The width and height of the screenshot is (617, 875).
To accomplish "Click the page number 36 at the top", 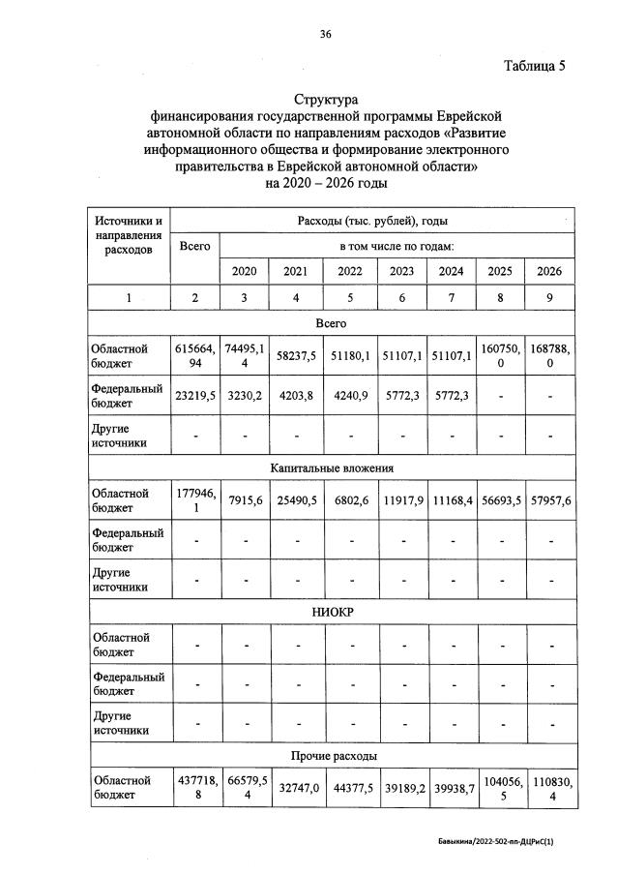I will coord(326,34).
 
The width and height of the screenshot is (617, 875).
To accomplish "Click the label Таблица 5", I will coord(534,66).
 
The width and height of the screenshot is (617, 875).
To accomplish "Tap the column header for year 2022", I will coord(349,272).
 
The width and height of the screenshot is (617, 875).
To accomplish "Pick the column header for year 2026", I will coord(549,272).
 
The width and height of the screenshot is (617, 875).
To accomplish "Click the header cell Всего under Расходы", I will coord(195,246).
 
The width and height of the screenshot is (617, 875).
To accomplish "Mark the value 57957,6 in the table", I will coord(549,499).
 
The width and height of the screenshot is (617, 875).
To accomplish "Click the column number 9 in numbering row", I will coord(549,298).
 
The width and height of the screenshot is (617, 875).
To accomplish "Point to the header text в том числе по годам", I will coord(397,246).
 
